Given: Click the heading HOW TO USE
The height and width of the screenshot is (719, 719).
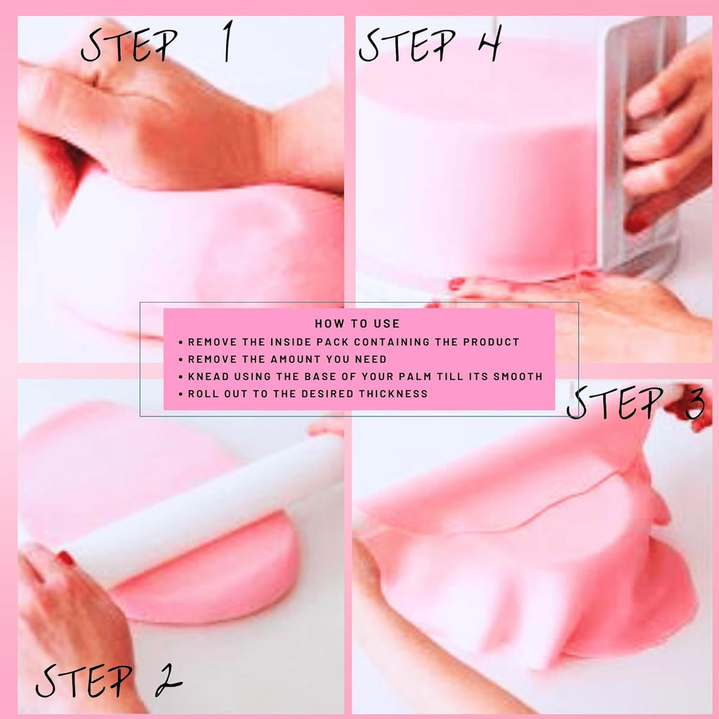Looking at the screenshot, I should tap(357, 324).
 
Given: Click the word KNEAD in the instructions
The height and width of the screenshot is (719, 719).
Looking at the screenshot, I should tap(207, 376).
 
